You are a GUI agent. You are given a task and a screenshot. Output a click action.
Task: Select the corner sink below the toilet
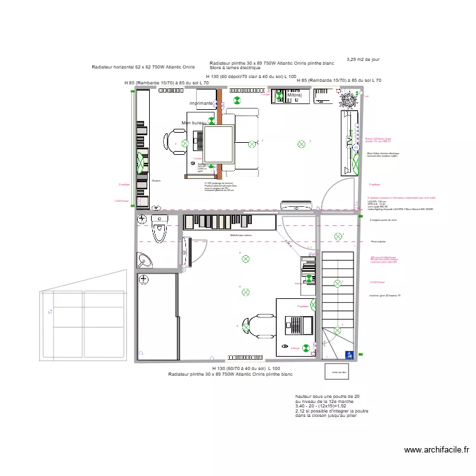143,260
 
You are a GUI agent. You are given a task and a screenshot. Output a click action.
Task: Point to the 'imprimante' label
201,103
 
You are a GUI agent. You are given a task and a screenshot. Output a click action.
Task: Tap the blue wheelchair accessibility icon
348,356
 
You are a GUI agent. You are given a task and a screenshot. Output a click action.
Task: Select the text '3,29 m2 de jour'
363,60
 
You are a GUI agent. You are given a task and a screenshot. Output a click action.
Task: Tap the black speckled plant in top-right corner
348,98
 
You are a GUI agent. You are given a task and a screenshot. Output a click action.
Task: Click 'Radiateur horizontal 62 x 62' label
143,67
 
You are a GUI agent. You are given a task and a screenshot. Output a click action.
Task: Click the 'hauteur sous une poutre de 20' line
327,396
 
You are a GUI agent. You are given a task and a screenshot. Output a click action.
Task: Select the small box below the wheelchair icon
336,371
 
